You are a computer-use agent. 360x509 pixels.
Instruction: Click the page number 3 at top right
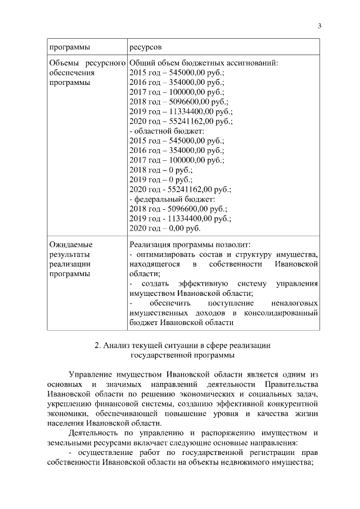(x=319, y=25)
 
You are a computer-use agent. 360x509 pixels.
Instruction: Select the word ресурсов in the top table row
(x=146, y=46)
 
